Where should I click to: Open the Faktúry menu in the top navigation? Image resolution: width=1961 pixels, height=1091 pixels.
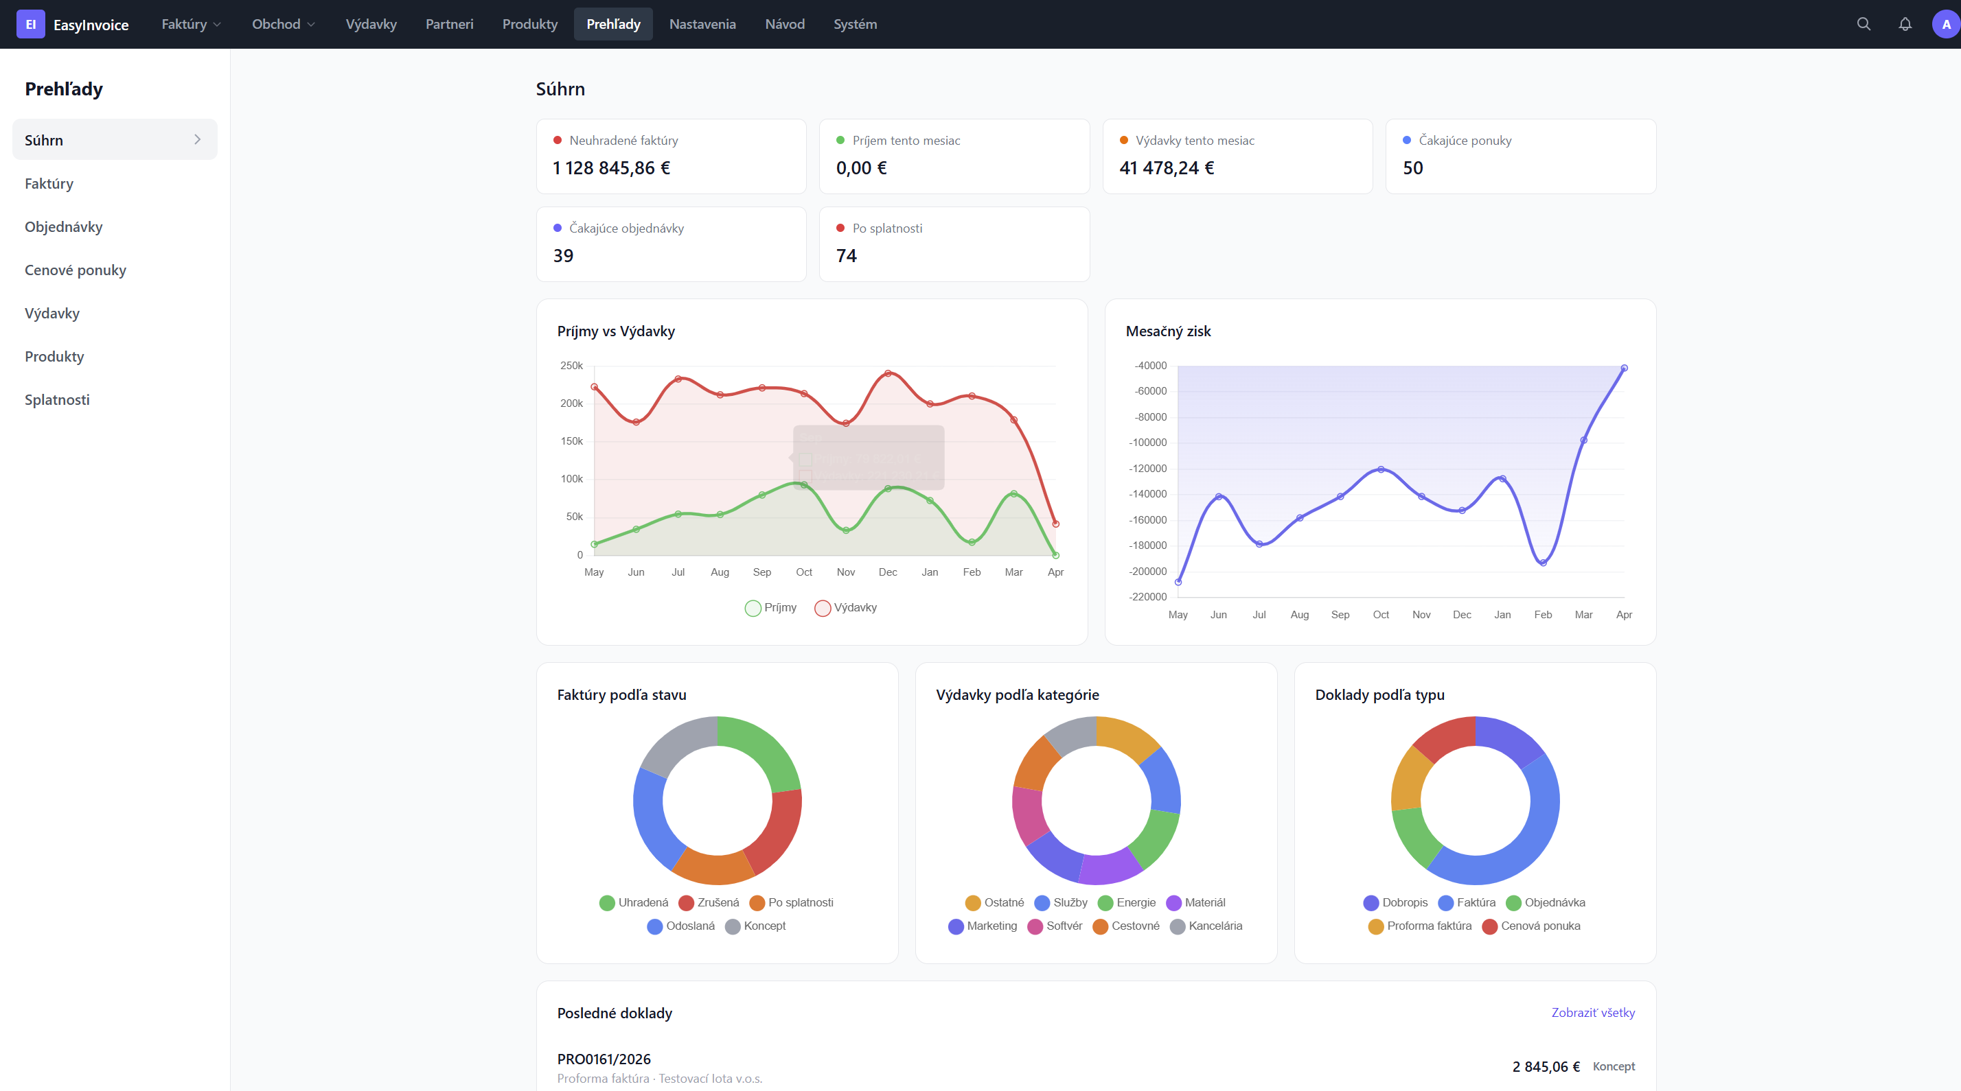click(190, 24)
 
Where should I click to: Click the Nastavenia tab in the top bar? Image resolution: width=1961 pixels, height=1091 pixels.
click(702, 24)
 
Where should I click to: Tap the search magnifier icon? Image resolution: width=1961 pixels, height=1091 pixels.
click(1863, 24)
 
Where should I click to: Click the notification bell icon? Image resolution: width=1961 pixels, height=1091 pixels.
click(1904, 24)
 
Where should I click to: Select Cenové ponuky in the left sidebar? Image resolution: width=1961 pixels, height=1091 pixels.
click(76, 270)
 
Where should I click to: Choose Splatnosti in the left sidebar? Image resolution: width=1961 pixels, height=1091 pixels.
click(57, 399)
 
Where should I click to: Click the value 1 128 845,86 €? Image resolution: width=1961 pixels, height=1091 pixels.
click(611, 168)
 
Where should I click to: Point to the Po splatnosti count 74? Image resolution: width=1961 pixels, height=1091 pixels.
click(846, 257)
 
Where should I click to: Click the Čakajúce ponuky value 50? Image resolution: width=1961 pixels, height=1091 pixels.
click(1412, 168)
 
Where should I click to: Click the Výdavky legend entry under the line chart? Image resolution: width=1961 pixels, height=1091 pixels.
click(846, 607)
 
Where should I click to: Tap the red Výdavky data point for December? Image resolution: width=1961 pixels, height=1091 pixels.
click(888, 373)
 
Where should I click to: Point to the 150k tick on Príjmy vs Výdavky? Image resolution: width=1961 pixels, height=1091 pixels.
click(572, 441)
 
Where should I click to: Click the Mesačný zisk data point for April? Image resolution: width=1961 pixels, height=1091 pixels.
click(1624, 368)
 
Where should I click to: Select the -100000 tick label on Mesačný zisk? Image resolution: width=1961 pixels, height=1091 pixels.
click(1147, 443)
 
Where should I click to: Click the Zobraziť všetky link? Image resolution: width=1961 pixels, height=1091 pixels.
click(1592, 1013)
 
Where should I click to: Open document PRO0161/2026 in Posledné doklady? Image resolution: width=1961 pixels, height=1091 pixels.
click(604, 1059)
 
